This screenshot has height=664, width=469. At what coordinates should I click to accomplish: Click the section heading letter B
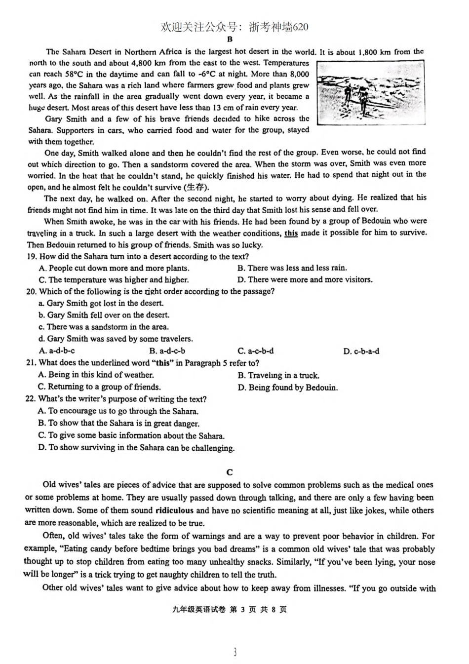click(230, 40)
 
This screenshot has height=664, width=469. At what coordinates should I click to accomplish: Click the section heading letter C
click(230, 472)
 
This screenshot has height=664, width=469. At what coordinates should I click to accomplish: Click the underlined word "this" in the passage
click(291, 233)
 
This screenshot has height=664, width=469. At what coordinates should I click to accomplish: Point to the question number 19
click(32, 257)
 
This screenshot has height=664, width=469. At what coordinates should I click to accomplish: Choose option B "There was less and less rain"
click(292, 268)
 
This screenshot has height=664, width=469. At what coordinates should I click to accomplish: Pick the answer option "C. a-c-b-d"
click(255, 351)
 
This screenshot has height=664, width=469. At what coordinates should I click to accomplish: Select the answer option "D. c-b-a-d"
click(361, 352)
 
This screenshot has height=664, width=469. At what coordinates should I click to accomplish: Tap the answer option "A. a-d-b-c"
click(56, 351)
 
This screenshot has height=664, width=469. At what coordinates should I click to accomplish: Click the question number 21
click(31, 363)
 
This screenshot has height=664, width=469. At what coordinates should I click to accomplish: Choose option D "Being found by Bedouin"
click(288, 388)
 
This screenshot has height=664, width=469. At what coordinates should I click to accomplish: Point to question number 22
click(31, 399)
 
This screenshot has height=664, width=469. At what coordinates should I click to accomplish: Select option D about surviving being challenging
click(136, 448)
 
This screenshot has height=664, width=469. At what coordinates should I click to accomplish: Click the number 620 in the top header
click(300, 27)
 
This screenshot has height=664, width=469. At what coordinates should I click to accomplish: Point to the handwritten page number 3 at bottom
click(235, 652)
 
